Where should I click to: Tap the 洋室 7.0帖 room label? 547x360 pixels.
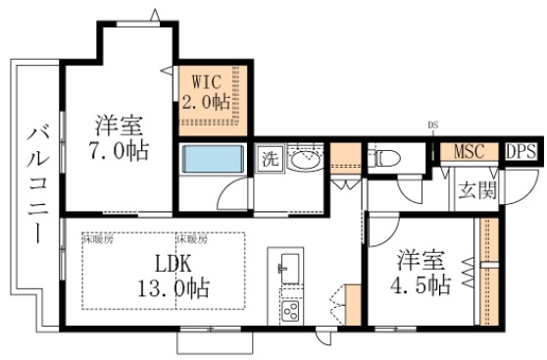[x=119, y=139]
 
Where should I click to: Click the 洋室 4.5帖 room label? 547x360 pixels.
[x=423, y=273]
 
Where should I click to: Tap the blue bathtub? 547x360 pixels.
[x=212, y=159]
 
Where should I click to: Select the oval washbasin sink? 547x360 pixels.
[x=305, y=160]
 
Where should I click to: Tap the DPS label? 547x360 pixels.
[x=520, y=151]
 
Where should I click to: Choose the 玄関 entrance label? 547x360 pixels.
[x=477, y=188]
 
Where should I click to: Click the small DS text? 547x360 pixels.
[x=432, y=125]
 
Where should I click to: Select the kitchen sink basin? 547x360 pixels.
[x=289, y=264]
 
